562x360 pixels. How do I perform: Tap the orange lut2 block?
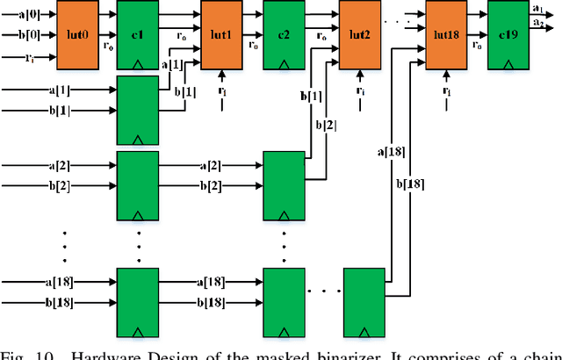361,34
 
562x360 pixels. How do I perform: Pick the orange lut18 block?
448,34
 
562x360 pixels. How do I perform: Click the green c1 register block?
138,34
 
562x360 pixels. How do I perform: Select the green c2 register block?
285,34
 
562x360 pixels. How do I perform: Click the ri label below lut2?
361,90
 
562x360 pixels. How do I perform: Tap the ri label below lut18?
448,90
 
